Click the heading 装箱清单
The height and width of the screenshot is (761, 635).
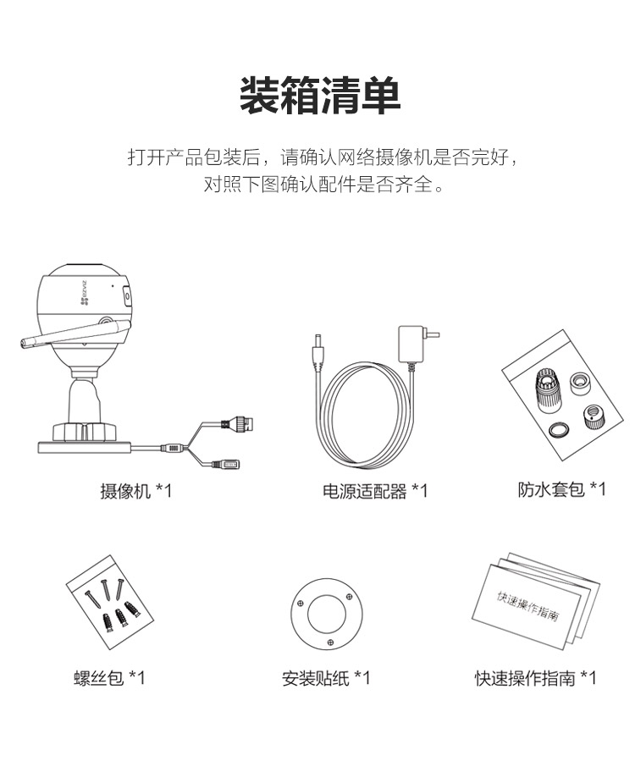coord(320,96)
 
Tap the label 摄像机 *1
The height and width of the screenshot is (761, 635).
coord(136,491)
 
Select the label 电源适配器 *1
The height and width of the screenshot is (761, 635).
coord(375,491)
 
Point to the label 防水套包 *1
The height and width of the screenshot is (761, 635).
coord(561,489)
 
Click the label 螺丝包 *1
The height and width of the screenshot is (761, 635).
coord(109,677)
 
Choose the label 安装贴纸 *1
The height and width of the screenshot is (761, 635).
coord(326,678)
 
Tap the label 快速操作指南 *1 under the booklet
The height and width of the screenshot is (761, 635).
coord(535,678)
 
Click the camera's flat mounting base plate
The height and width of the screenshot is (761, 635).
coord(84,447)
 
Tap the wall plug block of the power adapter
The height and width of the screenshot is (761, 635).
coord(411,344)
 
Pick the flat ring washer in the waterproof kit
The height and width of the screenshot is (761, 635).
coord(559,429)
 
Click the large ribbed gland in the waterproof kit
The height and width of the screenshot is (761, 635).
coord(548,390)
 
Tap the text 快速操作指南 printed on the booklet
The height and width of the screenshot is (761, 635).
coord(527,606)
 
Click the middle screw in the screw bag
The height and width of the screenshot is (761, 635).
coord(103,589)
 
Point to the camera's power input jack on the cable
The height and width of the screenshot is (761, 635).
coord(227,465)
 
